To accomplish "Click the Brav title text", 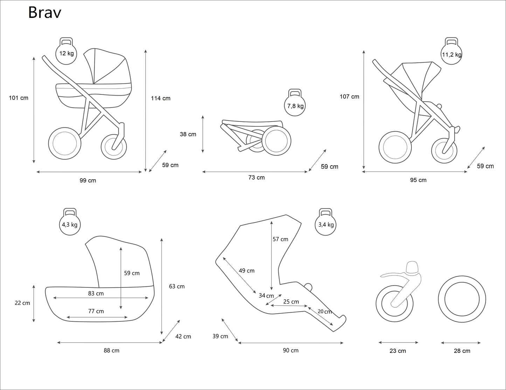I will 45,13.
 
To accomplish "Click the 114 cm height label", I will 161,98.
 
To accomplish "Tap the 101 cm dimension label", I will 19,98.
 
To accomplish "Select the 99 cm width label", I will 88,181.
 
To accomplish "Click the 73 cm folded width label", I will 256,177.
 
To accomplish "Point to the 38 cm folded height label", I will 188,134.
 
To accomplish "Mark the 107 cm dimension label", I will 349,97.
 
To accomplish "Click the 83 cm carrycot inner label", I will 96,293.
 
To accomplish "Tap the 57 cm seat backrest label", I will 280,239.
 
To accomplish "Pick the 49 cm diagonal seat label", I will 247,271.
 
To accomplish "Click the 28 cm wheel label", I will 462,351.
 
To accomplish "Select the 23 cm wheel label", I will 398,351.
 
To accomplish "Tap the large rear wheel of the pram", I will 64,143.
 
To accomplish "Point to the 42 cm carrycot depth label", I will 183,336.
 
